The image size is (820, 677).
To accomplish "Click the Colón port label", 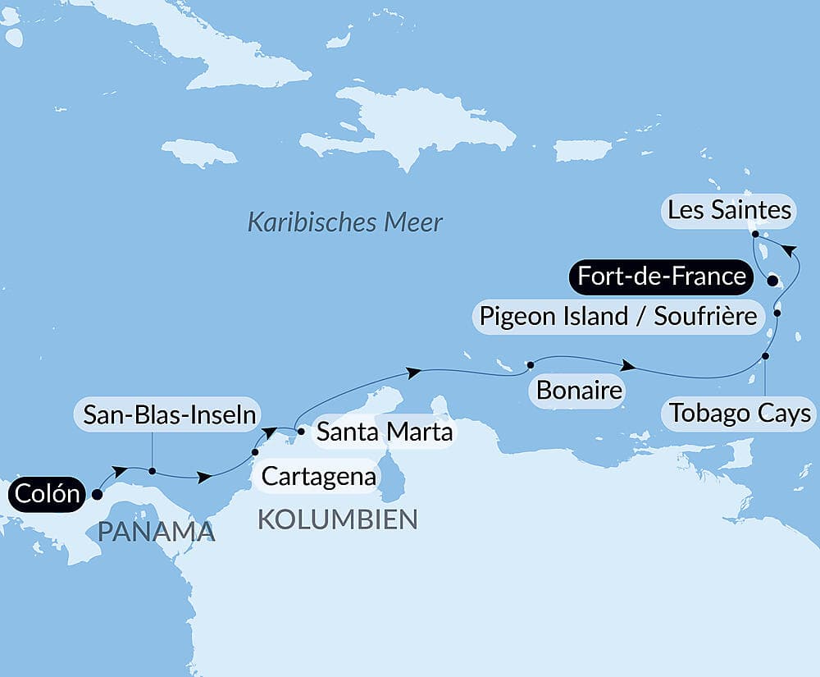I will [47, 495].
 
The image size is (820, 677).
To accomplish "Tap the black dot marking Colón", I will [97, 494].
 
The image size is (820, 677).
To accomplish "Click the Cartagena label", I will [319, 476].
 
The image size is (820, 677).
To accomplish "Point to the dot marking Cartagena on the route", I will [255, 452].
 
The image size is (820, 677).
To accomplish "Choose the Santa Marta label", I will [385, 431].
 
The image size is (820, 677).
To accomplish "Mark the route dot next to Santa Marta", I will [300, 431].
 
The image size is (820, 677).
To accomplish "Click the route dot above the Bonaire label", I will [531, 364].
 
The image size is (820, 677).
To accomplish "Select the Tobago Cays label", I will [740, 413].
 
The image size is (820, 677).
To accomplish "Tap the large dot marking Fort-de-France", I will [772, 281].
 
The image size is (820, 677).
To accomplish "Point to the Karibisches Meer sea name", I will [345, 222].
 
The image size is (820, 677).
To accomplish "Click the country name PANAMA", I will [156, 531].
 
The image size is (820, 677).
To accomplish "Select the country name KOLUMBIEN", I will [338, 519].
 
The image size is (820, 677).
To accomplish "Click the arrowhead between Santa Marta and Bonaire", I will [415, 373].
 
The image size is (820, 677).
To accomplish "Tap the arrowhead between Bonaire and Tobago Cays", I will [627, 365].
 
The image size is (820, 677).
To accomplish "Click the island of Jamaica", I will [198, 152].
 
